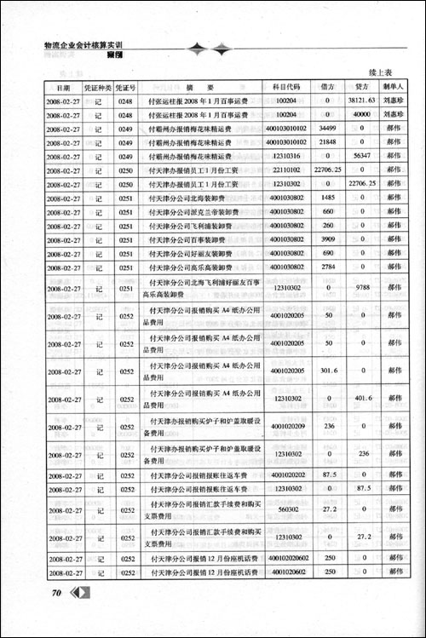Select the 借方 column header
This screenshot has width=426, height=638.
tap(327, 87)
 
